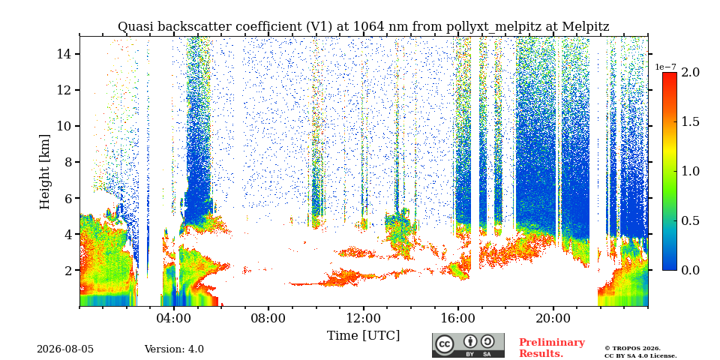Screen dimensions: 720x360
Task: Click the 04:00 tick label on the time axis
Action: click(x=174, y=319)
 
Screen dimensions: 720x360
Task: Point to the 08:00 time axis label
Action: click(x=268, y=319)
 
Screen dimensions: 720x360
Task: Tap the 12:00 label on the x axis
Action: click(x=364, y=319)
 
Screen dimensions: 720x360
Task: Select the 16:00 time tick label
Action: click(x=458, y=319)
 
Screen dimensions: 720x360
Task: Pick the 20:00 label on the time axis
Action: click(x=553, y=319)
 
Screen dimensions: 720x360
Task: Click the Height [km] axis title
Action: click(x=45, y=172)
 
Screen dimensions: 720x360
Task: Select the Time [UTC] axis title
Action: click(x=363, y=336)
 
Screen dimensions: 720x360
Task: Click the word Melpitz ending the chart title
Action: click(x=586, y=27)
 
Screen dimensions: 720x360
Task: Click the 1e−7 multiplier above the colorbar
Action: click(x=665, y=67)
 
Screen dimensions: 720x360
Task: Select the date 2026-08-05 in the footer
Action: click(x=65, y=349)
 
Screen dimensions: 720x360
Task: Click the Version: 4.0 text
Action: click(x=174, y=349)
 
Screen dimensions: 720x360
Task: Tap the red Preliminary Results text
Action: click(x=552, y=348)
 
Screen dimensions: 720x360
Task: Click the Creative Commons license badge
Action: click(x=468, y=345)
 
